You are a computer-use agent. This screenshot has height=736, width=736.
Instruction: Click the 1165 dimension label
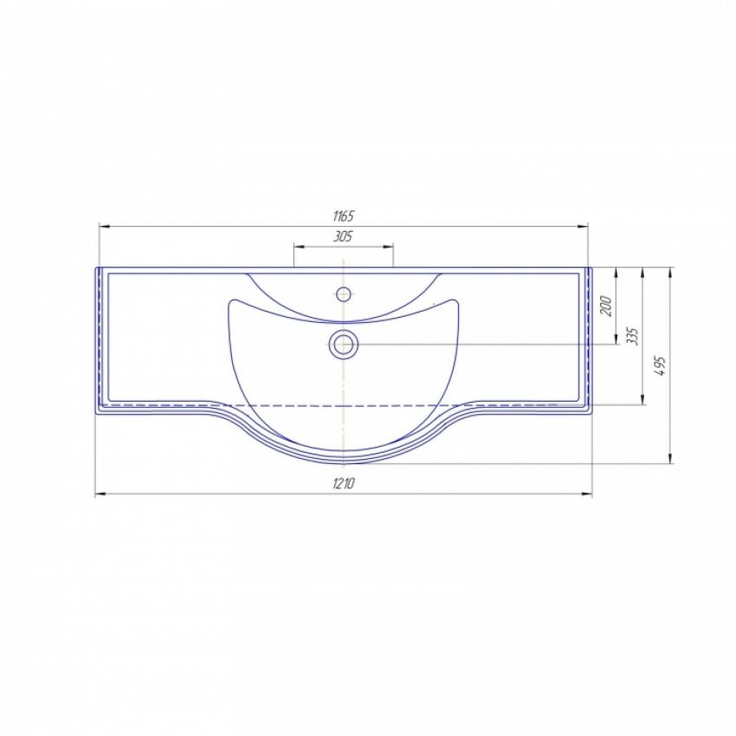point(343,216)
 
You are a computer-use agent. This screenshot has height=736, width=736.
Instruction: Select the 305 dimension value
point(343,236)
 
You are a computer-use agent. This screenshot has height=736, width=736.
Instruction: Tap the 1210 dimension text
point(344,483)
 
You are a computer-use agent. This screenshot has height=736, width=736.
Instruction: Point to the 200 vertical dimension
point(606,306)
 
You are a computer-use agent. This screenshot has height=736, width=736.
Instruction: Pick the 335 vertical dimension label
point(633,336)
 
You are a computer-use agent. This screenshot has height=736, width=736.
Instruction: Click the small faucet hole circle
point(344,294)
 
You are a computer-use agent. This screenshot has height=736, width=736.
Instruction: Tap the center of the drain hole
point(344,344)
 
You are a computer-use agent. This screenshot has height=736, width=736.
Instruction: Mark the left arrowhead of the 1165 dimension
point(104,227)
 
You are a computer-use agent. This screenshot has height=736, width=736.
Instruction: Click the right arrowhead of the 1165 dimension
point(583,227)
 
